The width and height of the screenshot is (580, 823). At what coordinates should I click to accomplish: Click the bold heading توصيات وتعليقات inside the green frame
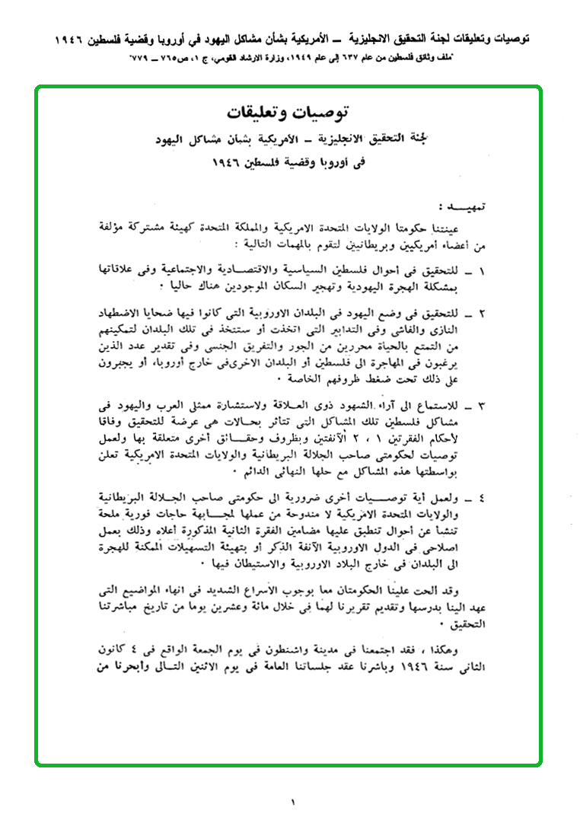pos(290,113)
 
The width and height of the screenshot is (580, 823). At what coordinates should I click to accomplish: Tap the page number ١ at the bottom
pos(292,802)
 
